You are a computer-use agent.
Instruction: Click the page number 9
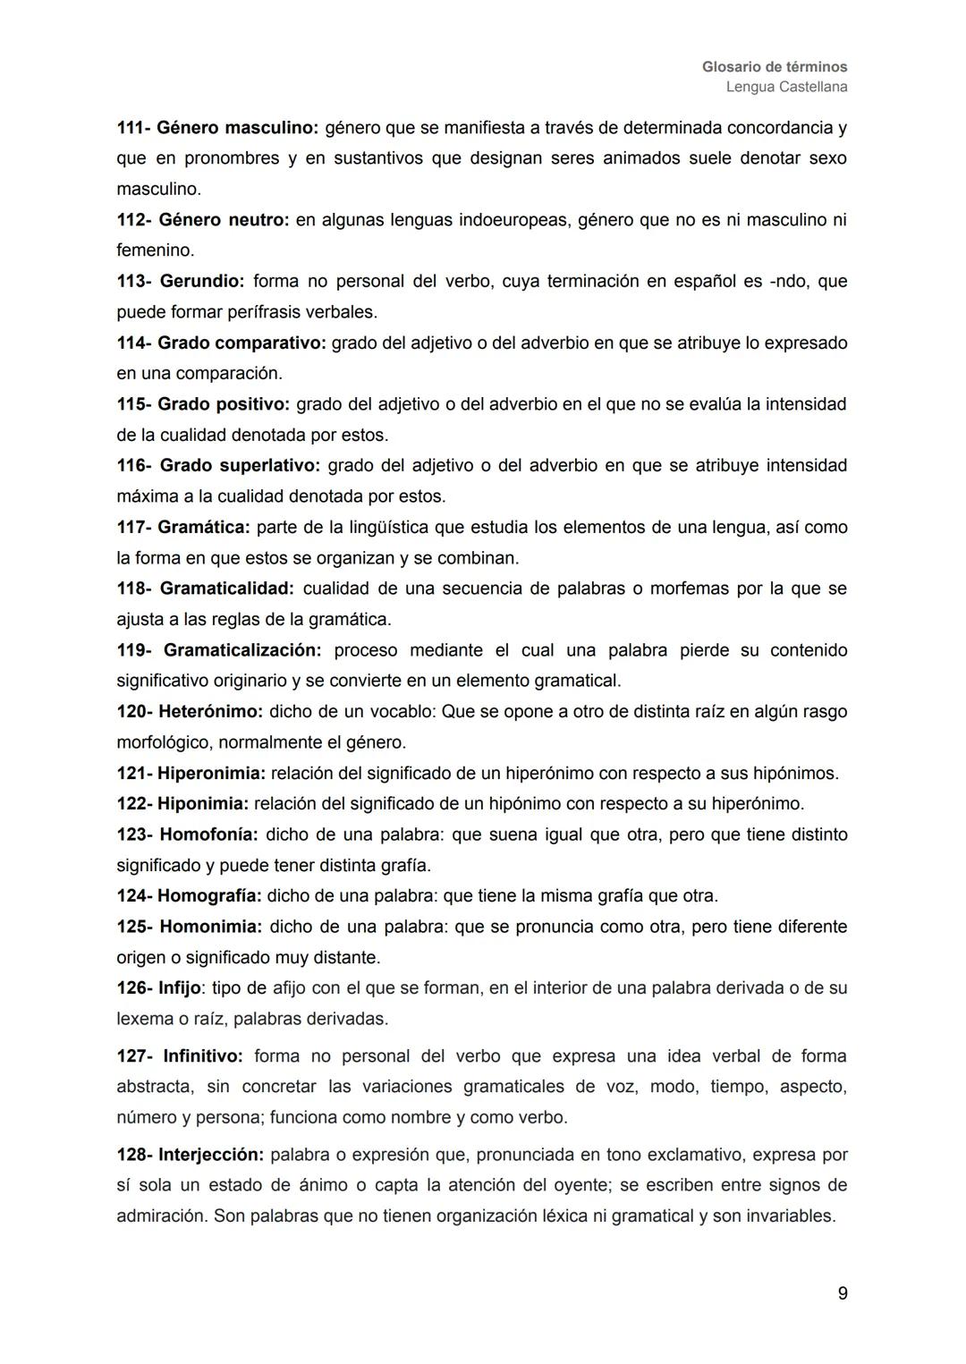point(843,1293)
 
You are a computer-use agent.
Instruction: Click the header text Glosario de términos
point(775,67)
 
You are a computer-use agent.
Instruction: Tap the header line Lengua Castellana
point(786,87)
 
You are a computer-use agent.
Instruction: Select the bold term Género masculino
point(237,128)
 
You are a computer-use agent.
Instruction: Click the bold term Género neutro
point(224,220)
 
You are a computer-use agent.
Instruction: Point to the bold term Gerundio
point(201,282)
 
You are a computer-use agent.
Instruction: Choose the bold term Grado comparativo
point(241,343)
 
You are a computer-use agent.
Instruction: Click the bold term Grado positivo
point(224,404)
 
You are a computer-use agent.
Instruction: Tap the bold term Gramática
point(204,528)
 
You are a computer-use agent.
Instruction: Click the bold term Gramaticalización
point(242,650)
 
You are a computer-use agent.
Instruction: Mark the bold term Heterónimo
point(210,712)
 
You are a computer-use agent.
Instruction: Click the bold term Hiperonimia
point(211,774)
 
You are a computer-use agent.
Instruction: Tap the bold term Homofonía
point(208,834)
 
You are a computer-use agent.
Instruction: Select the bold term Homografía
point(209,896)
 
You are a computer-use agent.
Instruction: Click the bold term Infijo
point(180,988)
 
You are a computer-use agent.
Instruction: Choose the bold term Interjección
point(211,1155)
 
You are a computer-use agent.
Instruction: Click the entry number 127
point(133,1056)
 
